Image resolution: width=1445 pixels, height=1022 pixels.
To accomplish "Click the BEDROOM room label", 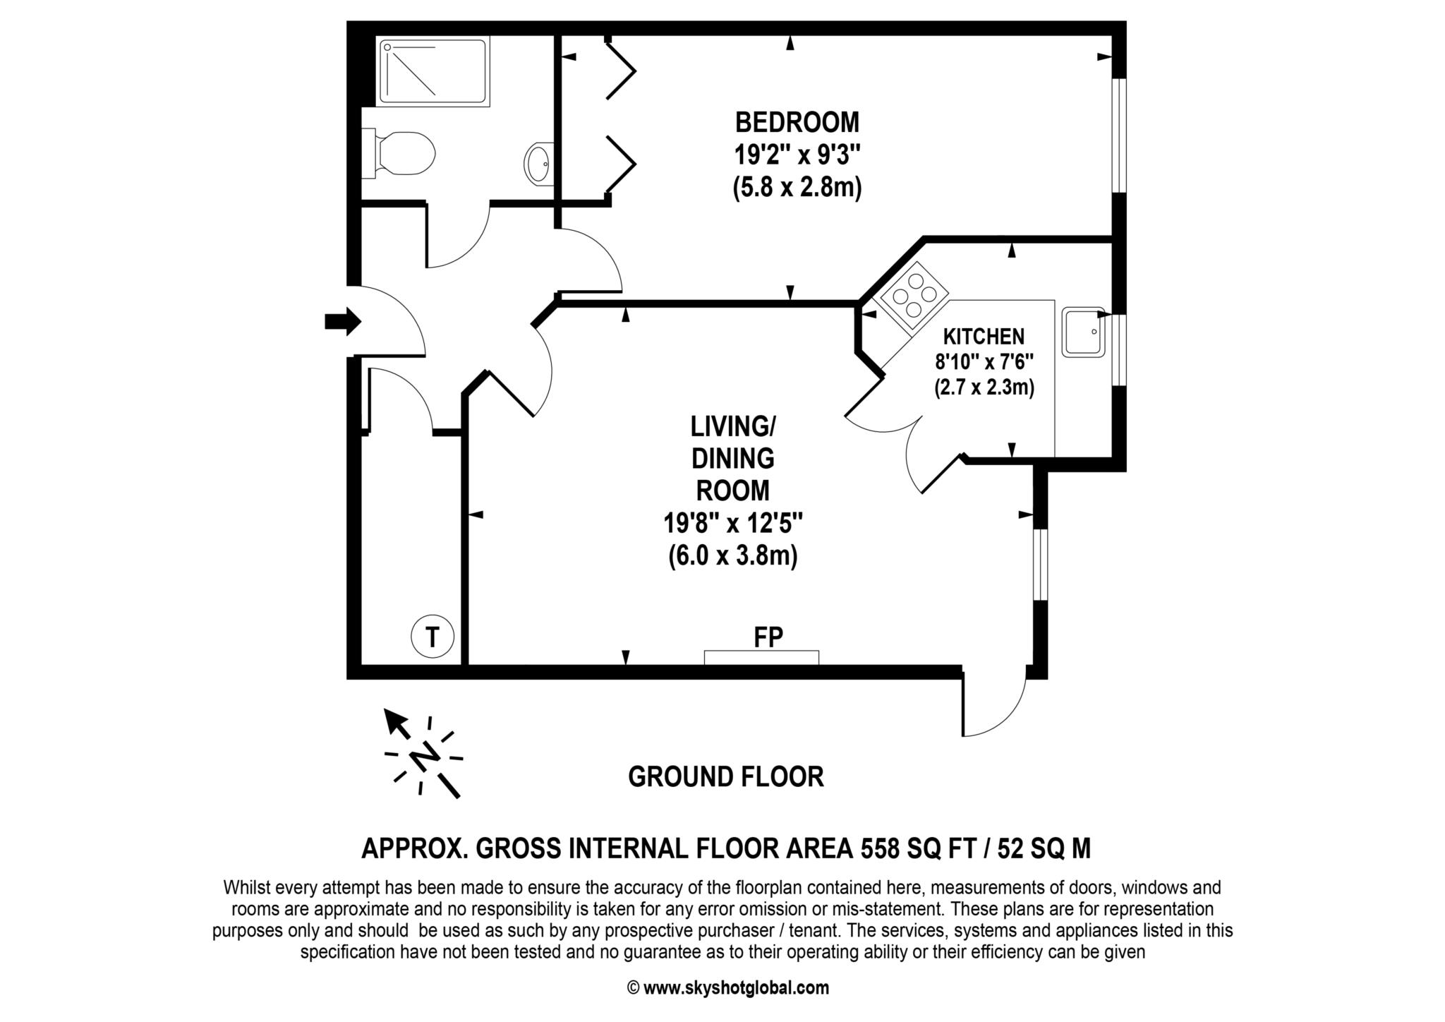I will coord(797,122).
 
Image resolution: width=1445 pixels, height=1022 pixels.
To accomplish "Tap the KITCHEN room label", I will coord(984,336).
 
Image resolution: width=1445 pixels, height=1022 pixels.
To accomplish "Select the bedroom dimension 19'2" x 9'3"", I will coord(797,155).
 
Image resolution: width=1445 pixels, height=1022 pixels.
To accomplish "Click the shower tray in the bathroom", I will coord(433,72).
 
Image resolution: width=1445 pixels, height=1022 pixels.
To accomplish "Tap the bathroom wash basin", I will coord(539,164).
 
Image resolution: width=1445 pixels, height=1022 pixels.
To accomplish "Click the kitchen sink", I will coord(1083,332).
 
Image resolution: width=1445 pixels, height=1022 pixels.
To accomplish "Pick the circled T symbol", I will coord(432,637).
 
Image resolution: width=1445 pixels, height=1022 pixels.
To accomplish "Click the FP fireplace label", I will coord(768,637).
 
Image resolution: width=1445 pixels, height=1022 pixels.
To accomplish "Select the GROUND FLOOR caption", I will coord(725,777).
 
